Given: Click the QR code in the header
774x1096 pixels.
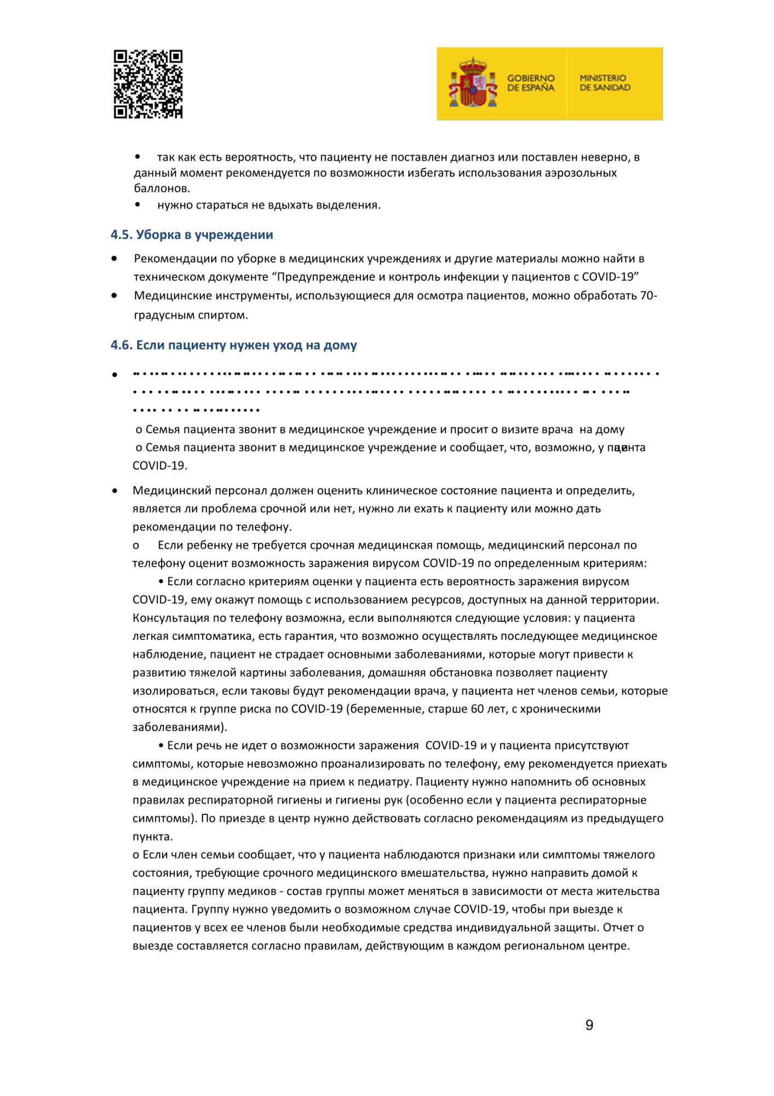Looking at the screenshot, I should point(148,84).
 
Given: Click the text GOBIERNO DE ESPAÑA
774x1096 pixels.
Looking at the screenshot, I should point(530,83).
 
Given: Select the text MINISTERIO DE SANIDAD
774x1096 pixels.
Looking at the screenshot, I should point(605,83).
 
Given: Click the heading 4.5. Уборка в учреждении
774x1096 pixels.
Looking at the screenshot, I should point(192,235).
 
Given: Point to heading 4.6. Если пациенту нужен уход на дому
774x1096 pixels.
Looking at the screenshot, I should point(234,345).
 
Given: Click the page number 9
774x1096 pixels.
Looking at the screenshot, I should point(589,1025).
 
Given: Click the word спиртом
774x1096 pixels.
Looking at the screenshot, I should point(226,315).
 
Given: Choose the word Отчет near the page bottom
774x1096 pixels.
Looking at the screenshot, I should point(618,927).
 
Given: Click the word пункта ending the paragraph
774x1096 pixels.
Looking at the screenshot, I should point(152,836).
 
